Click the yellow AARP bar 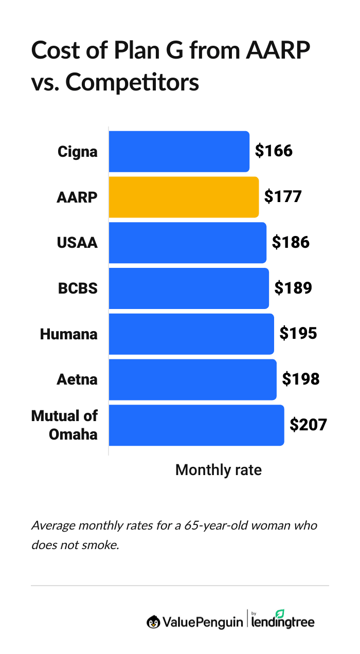click(x=184, y=197)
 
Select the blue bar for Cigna click(x=179, y=152)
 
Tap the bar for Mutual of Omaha click(x=196, y=425)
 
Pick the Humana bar click(x=191, y=334)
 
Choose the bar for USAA click(x=187, y=243)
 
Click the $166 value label click(x=274, y=151)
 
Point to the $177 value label click(x=282, y=197)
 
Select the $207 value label click(x=308, y=425)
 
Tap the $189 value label click(x=293, y=288)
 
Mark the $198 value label click(x=300, y=379)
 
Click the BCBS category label click(x=78, y=288)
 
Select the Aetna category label click(x=77, y=380)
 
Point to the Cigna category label click(x=78, y=152)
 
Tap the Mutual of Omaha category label click(x=65, y=425)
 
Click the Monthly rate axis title click(x=218, y=470)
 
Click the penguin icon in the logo click(x=153, y=622)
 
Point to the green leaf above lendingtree click(x=280, y=613)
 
